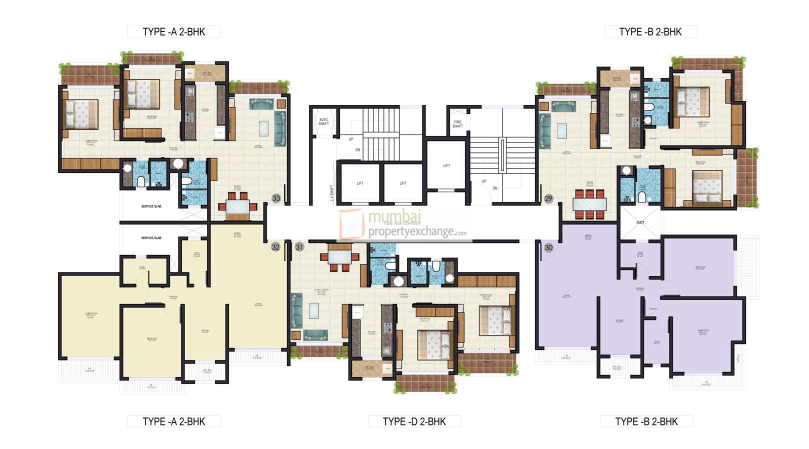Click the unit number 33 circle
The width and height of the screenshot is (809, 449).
click(276, 198)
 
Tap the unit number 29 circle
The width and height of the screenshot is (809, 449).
click(548, 198)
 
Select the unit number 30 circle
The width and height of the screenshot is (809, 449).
click(548, 247)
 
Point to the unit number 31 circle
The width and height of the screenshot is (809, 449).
click(299, 247)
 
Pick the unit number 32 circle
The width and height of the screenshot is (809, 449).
click(275, 247)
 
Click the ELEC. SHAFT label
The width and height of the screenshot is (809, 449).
click(323, 121)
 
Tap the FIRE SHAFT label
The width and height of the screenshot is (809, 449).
click(457, 124)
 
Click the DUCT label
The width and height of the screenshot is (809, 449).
click(640, 222)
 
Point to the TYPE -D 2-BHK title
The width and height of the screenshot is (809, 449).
click(414, 421)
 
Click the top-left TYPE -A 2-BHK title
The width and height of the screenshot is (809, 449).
click(173, 31)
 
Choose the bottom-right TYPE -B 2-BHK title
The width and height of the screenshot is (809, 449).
click(646, 421)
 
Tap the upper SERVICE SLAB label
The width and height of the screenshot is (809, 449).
click(151, 206)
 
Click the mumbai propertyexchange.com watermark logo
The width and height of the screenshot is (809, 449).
click(403, 224)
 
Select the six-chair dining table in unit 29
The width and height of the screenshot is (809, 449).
click(589, 204)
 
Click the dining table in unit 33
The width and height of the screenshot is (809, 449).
click(237, 206)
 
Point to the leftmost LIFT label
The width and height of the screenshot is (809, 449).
click(360, 183)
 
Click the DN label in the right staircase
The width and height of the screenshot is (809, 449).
click(495, 188)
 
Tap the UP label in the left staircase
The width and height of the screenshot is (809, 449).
click(351, 139)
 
